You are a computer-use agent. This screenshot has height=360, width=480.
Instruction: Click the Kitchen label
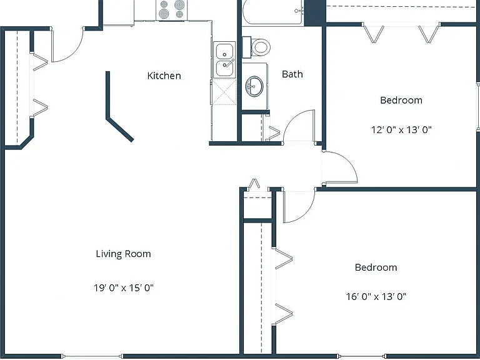164,76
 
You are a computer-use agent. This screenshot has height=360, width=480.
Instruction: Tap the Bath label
292,74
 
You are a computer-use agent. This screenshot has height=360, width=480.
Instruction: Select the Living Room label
123,254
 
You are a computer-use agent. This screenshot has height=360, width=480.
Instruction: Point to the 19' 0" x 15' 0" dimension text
123,287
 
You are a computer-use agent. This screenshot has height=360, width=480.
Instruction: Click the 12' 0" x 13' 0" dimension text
401,130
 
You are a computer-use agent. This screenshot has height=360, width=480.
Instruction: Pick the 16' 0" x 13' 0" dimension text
376,296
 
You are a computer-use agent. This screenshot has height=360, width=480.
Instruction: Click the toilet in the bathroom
256,47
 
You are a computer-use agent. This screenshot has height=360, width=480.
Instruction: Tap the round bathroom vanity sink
254,86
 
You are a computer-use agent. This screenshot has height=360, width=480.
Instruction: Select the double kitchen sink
225,60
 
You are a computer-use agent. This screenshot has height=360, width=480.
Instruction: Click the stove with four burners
172,10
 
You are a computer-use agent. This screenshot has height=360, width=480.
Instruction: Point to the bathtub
273,12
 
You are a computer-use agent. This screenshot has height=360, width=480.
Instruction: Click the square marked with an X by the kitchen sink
224,92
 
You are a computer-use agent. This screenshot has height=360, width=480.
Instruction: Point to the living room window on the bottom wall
92,356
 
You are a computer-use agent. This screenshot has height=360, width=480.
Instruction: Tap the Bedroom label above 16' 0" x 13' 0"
376,267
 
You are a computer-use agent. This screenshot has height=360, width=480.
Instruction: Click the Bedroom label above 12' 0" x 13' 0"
401,100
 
